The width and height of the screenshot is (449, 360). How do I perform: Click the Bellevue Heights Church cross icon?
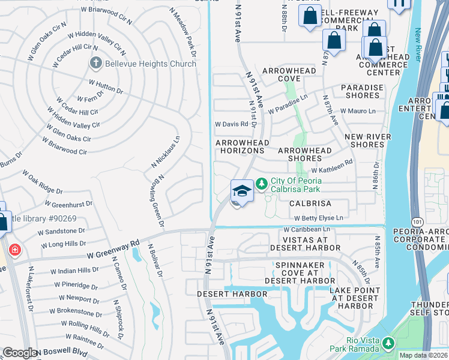click(95, 62)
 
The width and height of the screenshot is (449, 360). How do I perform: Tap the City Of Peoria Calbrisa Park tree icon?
click(262, 182)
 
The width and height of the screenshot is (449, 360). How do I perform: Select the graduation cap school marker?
click(241, 191)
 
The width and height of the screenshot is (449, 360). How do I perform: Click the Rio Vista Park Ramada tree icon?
click(388, 344)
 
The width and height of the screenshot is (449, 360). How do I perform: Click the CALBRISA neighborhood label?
click(310, 204)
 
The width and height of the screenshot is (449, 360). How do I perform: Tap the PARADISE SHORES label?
click(362, 92)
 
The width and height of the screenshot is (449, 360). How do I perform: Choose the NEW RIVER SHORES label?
click(368, 140)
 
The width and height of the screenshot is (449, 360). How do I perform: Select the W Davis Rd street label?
click(232, 124)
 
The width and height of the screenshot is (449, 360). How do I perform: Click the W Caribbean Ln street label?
click(307, 230)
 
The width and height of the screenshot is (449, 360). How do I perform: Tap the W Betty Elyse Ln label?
click(318, 218)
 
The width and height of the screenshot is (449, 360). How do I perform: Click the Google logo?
click(20, 353)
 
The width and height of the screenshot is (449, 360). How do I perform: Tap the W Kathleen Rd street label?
click(331, 170)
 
